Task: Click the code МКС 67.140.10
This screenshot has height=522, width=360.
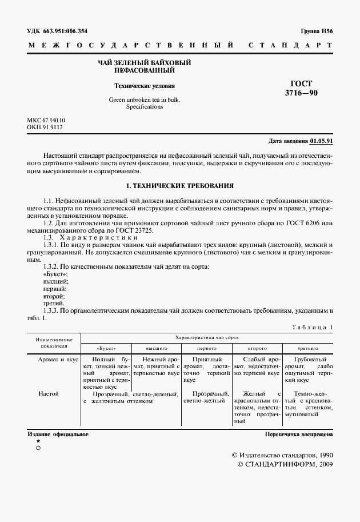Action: [x=46, y=120]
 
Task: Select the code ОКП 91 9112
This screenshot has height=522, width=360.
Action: [x=45, y=127]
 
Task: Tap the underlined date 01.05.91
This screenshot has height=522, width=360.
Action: [x=322, y=141]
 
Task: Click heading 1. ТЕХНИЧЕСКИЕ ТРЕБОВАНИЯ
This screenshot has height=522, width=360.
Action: [x=179, y=186]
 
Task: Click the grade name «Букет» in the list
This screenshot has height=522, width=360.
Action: [x=55, y=274]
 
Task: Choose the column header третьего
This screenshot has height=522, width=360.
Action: [x=307, y=348]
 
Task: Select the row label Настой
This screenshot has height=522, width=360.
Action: [x=49, y=393]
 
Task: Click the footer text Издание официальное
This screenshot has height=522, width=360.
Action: [x=58, y=434]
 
